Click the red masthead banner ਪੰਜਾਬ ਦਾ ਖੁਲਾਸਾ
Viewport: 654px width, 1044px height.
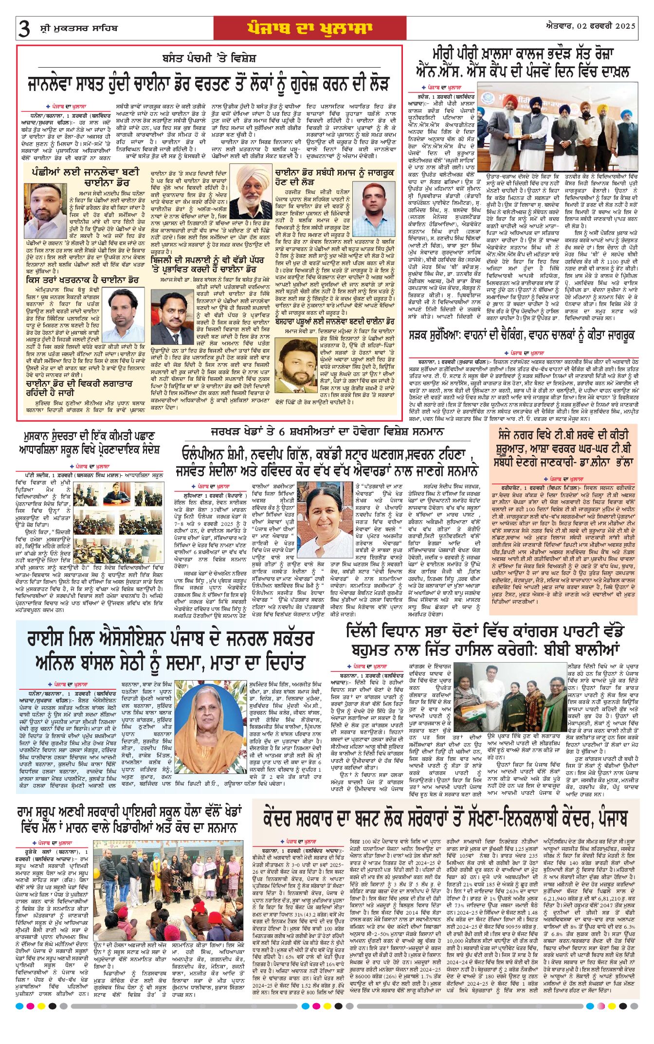point(309,28)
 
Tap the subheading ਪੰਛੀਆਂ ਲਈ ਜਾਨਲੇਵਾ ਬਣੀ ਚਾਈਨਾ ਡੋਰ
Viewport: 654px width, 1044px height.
point(85,178)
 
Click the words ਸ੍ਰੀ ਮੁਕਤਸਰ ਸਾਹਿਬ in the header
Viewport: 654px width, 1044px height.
point(79,28)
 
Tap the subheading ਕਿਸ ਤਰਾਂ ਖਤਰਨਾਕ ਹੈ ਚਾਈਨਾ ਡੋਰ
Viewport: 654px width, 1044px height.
point(83,280)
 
